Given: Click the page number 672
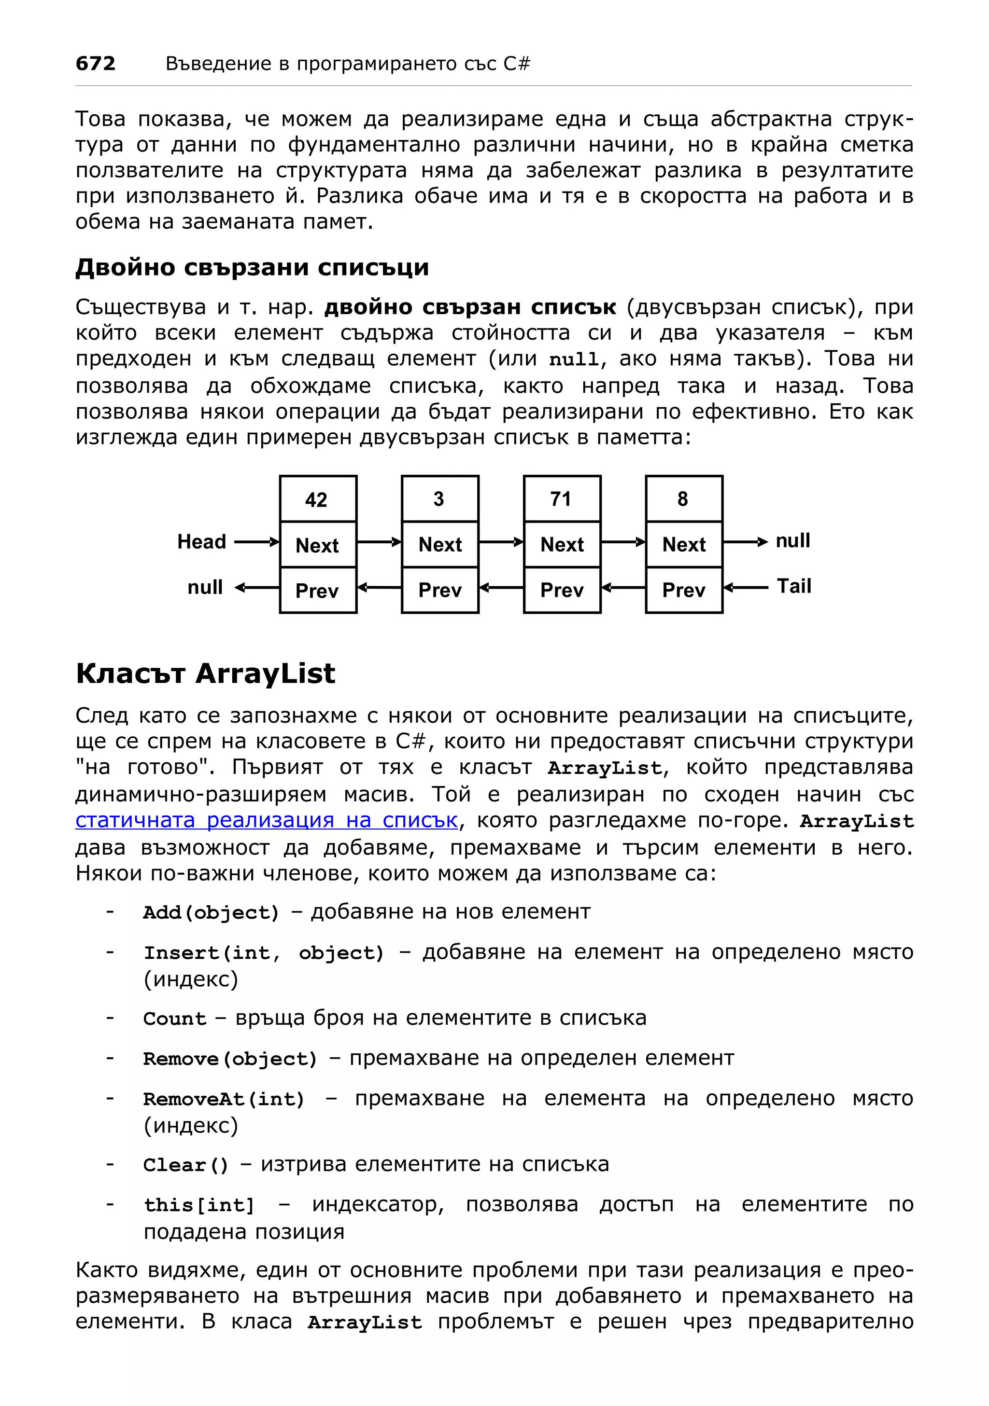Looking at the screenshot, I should click(95, 63).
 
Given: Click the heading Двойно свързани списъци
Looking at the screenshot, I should click(252, 268).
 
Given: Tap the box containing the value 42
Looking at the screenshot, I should click(317, 499).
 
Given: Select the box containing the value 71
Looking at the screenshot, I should click(561, 498).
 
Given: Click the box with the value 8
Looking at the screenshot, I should click(683, 498).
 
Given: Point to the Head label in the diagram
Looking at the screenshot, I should click(201, 541).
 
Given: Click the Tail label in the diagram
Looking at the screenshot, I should click(793, 586).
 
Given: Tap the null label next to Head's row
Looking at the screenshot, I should click(792, 541).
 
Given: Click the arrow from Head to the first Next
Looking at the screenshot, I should click(256, 542).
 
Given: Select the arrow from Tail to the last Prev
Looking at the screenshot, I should click(745, 587).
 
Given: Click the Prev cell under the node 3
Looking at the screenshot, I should click(439, 590).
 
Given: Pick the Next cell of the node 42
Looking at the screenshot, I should click(317, 544).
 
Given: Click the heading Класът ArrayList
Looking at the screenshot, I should click(205, 674).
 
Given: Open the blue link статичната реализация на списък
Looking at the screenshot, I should click(267, 820).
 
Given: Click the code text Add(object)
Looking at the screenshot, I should click(211, 912).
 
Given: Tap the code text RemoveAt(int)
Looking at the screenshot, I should click(224, 1099).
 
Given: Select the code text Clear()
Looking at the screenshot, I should click(185, 1165).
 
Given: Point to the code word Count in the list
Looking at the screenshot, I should click(175, 1019).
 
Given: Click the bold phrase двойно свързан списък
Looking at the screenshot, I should click(469, 307).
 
